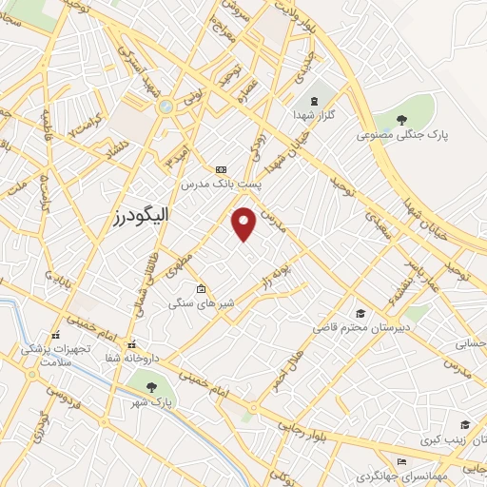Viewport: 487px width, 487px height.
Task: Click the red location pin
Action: (244, 223)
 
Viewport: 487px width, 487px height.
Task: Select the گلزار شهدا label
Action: (314, 116)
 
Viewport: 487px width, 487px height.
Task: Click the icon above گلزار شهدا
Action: (313, 102)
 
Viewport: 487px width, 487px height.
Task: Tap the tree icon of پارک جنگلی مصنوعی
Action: (402, 120)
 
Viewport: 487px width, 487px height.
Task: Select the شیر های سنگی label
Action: (201, 302)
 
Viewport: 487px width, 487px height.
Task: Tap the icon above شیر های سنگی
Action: (201, 289)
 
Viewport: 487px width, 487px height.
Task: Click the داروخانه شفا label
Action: (131, 357)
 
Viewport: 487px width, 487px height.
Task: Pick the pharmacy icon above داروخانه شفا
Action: (131, 343)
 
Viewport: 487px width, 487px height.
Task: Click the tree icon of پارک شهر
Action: (151, 387)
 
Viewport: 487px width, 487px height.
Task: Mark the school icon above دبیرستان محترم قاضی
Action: (360, 313)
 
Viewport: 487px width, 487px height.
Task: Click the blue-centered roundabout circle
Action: (166, 107)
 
